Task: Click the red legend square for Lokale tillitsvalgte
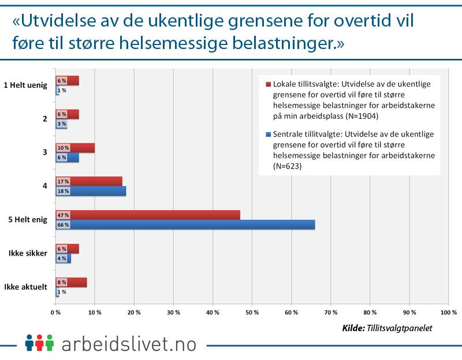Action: [268, 84]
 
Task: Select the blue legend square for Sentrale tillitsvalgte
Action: [268, 134]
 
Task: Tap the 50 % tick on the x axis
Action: [252, 312]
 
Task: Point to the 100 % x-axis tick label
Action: [448, 312]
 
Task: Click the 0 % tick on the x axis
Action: [55, 312]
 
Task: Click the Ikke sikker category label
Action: [27, 253]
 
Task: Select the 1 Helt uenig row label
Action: [26, 85]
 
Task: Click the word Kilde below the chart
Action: [353, 328]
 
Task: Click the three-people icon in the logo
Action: [39, 342]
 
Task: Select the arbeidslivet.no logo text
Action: [128, 343]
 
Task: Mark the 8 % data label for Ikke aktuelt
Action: [62, 282]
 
